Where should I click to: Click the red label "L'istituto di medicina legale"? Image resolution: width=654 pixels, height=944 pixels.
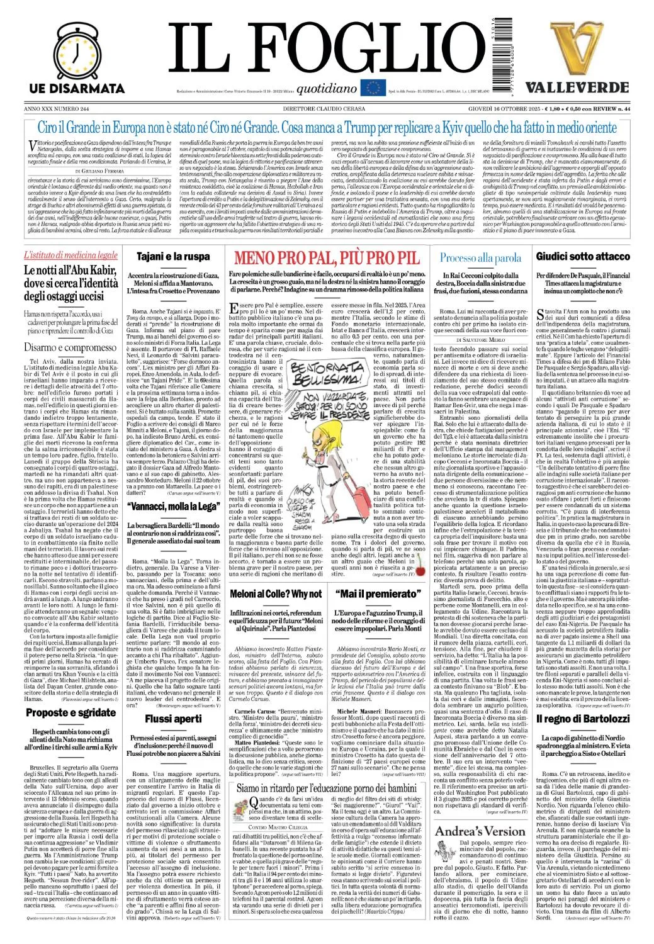click(70, 256)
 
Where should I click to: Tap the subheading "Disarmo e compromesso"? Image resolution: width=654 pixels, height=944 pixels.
click(70, 347)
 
